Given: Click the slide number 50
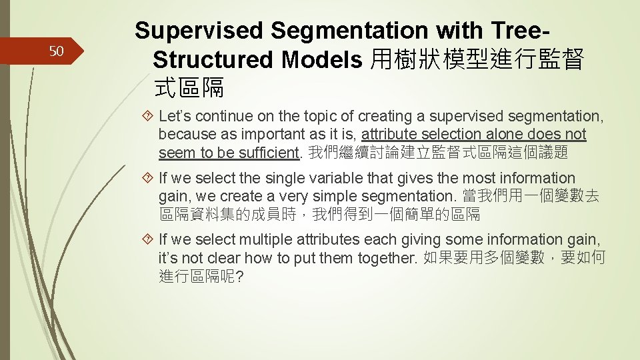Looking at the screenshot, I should [56, 51].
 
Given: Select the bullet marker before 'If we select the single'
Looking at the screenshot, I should [150, 179].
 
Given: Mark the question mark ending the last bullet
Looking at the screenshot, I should [239, 276].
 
